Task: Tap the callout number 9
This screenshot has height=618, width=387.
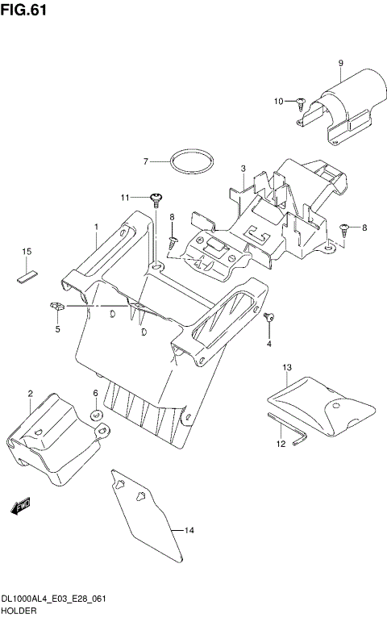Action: [x=341, y=63]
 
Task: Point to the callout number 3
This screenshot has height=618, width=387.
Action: [x=243, y=169]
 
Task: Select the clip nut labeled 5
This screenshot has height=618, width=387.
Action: [x=56, y=306]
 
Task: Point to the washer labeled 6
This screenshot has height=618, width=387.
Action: [x=96, y=415]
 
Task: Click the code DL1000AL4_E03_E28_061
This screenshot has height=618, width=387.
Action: [x=55, y=601]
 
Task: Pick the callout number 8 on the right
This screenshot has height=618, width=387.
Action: [x=364, y=228]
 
